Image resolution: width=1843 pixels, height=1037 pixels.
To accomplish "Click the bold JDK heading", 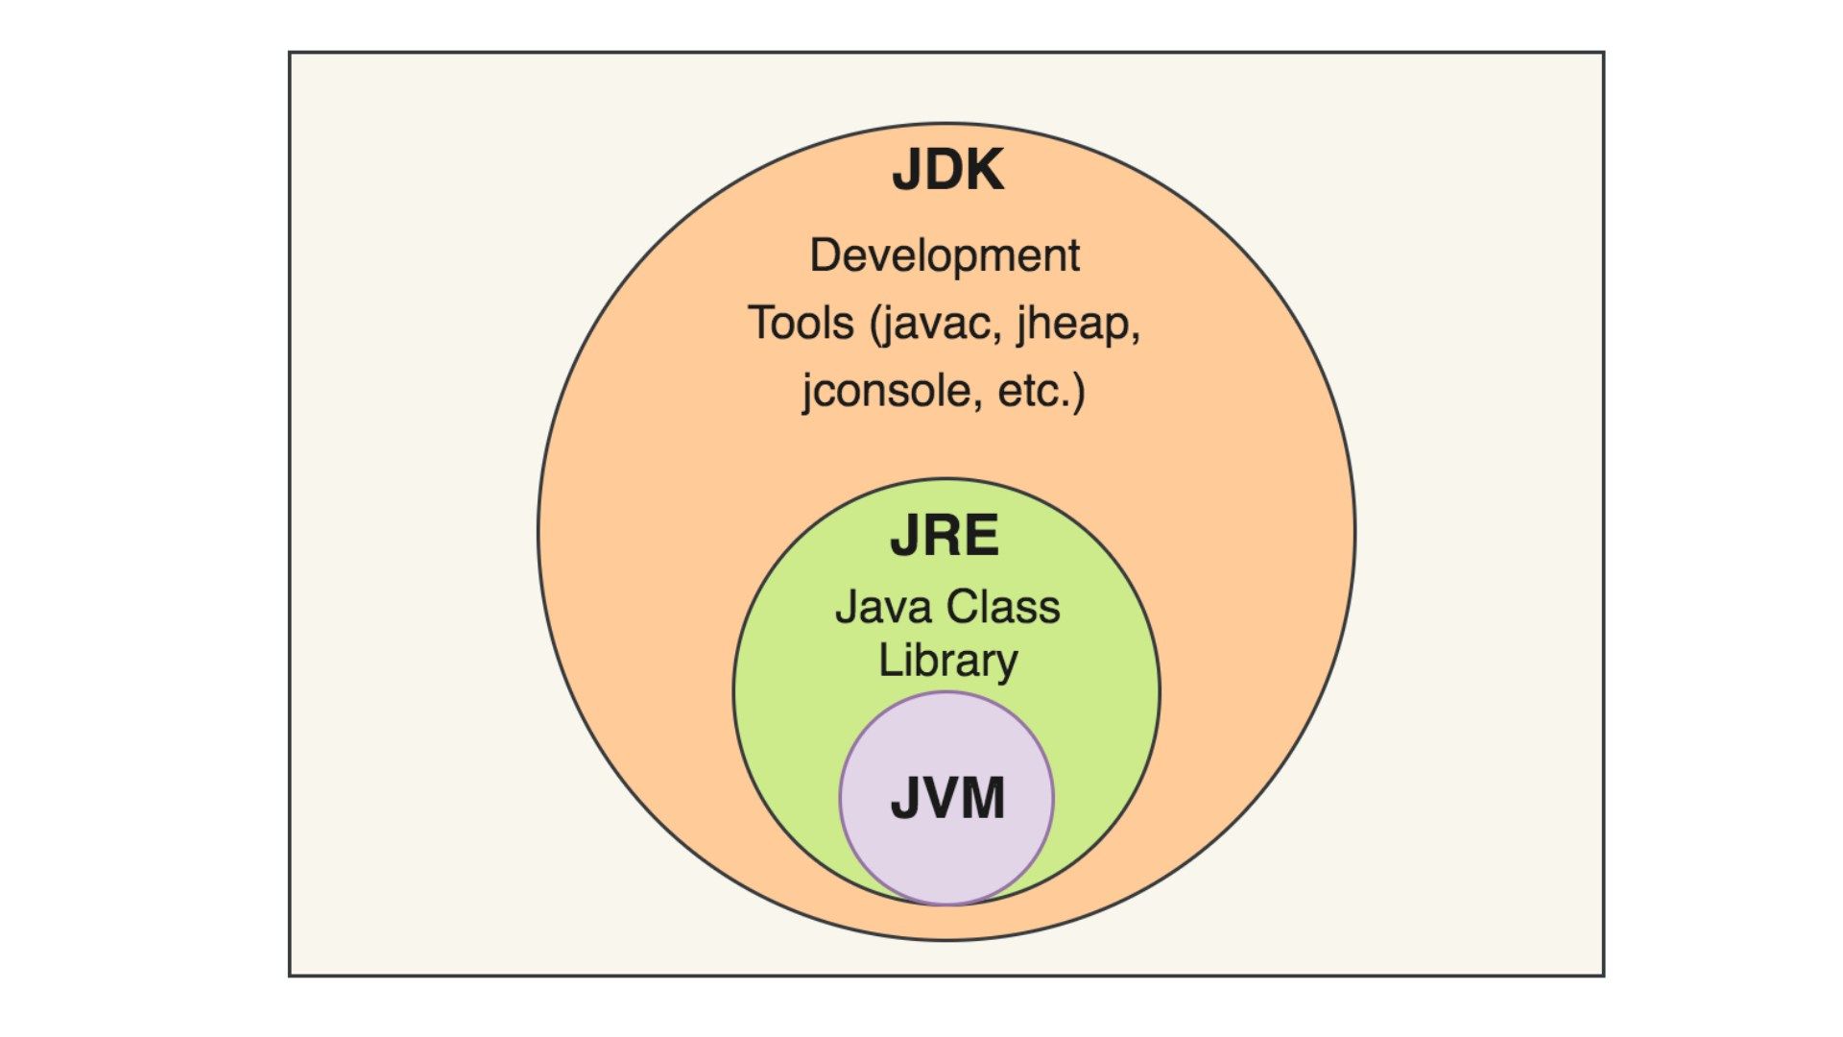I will (947, 170).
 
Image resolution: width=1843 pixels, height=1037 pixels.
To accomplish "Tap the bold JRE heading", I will (945, 536).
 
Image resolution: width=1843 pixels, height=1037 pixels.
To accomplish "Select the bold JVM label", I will (947, 798).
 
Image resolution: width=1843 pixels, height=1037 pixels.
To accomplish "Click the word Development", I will (945, 255).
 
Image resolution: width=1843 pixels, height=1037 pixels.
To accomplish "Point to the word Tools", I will (801, 323).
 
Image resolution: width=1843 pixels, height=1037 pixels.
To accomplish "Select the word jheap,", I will (1079, 323).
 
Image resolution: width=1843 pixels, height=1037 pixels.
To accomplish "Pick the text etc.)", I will (1041, 391).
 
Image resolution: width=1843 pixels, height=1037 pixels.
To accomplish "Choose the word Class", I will (1003, 607).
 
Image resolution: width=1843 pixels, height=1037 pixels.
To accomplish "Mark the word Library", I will (947, 661).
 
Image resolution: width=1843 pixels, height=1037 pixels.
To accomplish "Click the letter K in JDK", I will (983, 170).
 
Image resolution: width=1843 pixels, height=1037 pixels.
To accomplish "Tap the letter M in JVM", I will (982, 798).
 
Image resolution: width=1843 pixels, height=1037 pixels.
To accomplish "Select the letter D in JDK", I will (939, 170).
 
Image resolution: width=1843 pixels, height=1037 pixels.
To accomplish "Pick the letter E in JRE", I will (981, 536).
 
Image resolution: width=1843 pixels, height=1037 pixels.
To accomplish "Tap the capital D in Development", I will (825, 255).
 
